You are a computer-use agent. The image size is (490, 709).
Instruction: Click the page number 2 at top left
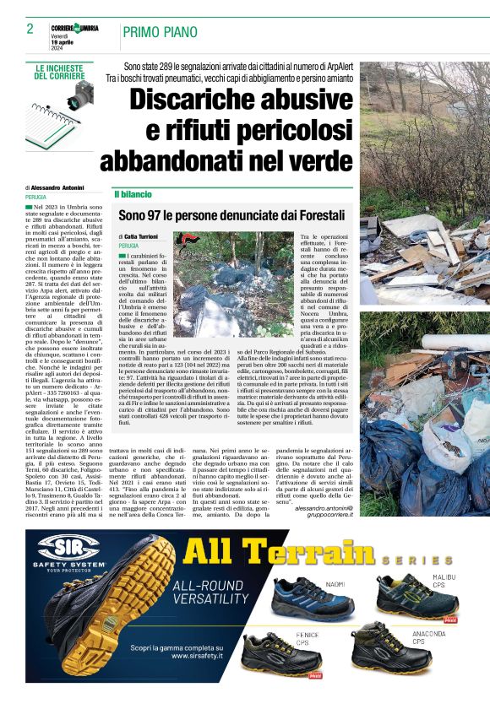pos(30,30)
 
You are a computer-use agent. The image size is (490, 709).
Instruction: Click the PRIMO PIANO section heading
pos(160,32)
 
